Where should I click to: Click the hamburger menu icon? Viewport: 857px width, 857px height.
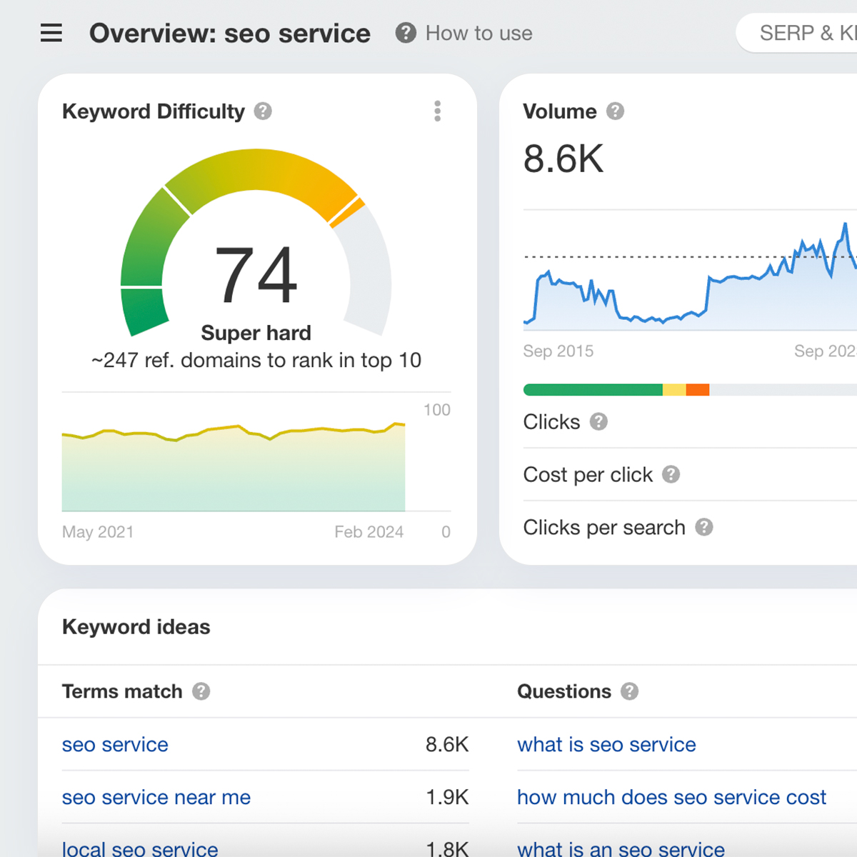pyautogui.click(x=51, y=33)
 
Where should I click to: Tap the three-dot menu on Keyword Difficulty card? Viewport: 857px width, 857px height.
pyautogui.click(x=437, y=111)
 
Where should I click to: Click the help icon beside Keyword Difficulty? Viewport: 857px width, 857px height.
pyautogui.click(x=263, y=111)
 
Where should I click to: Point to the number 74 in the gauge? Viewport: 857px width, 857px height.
pyautogui.click(x=256, y=276)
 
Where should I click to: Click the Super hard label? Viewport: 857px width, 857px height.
pyautogui.click(x=256, y=333)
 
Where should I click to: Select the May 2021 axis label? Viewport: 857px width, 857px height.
pyautogui.click(x=98, y=531)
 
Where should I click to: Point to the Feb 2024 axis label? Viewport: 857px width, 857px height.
pyautogui.click(x=369, y=531)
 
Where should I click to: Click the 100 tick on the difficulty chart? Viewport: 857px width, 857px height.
pyautogui.click(x=436, y=410)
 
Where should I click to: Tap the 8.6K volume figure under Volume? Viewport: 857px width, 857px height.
pyautogui.click(x=563, y=159)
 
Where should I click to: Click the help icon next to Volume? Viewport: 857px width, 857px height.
pyautogui.click(x=615, y=111)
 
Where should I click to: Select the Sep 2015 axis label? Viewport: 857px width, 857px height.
pyautogui.click(x=558, y=351)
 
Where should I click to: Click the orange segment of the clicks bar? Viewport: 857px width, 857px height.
pyautogui.click(x=697, y=390)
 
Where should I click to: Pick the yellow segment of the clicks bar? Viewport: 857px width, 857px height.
pyautogui.click(x=674, y=390)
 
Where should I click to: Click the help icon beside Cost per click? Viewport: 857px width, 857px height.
pyautogui.click(x=671, y=474)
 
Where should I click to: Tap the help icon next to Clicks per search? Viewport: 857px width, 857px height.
pyautogui.click(x=704, y=527)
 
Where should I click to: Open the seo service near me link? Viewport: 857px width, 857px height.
pyautogui.click(x=156, y=797)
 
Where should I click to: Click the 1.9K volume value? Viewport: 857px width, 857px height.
pyautogui.click(x=447, y=797)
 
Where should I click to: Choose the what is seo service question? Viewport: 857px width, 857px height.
pyautogui.click(x=606, y=744)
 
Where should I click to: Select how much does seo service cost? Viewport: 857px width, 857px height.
pyautogui.click(x=671, y=797)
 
